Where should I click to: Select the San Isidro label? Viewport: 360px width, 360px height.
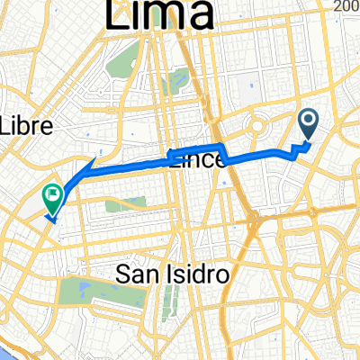click(170, 272)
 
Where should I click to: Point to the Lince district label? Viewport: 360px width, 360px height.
click(193, 159)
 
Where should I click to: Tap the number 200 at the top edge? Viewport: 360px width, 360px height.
click(346, 5)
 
